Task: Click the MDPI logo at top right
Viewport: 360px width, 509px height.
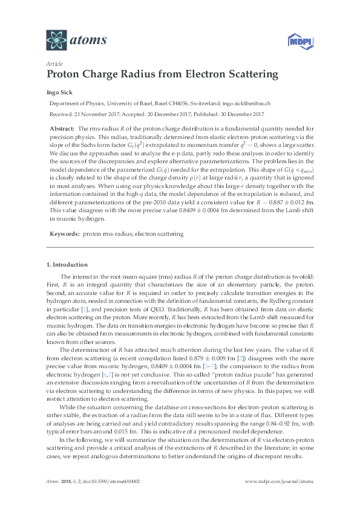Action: [x=293, y=42]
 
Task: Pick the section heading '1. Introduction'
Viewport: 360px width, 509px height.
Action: [x=67, y=265]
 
